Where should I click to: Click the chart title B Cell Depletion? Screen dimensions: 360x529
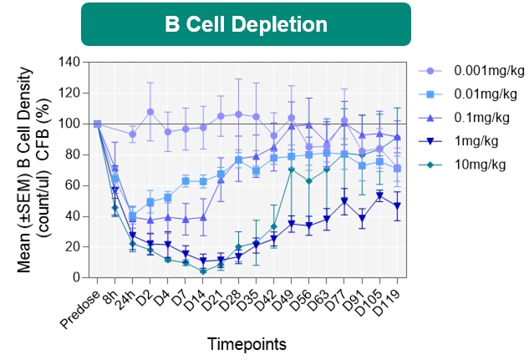[246, 24]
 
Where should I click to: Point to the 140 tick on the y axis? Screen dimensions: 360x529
[69, 62]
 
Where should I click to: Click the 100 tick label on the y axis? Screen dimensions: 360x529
[69, 124]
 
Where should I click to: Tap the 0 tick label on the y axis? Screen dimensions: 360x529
[75, 277]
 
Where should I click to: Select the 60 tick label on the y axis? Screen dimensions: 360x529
[73, 185]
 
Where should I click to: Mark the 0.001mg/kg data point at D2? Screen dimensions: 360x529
[150, 112]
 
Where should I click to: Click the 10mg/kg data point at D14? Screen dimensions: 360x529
[203, 271]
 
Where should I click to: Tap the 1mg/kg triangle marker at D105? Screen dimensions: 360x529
[380, 195]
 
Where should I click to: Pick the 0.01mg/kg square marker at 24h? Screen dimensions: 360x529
[133, 216]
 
